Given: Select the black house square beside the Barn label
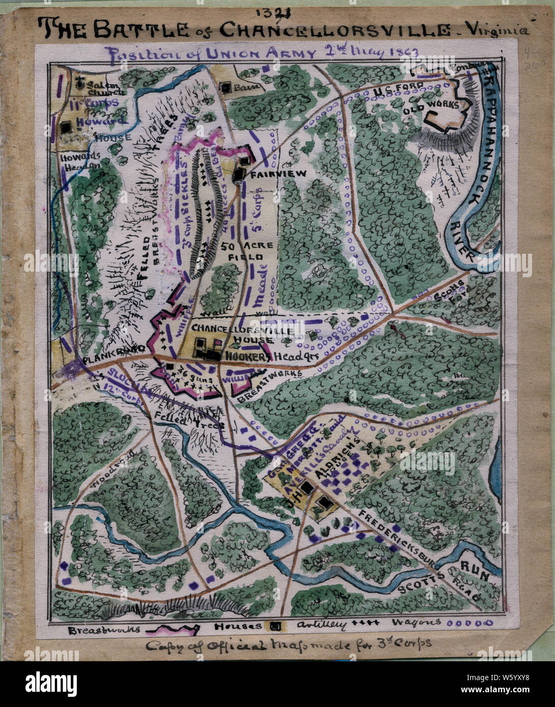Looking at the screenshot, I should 225,87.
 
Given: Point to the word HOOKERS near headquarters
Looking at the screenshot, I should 247,357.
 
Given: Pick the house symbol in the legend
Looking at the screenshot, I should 275,626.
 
